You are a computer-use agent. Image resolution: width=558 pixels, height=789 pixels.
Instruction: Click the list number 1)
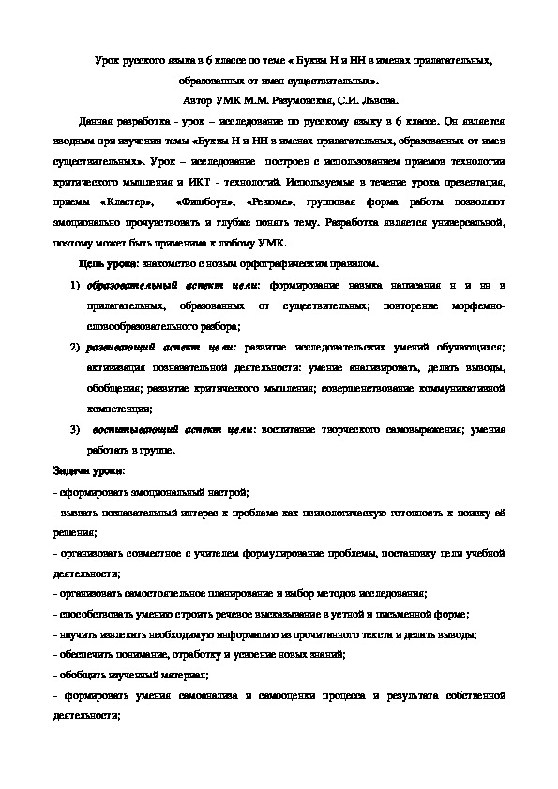click(74, 285)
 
